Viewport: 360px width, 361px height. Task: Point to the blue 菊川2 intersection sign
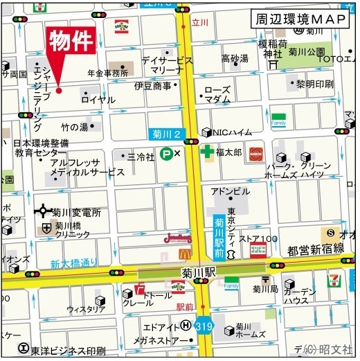167,134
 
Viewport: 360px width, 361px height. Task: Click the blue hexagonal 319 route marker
203,325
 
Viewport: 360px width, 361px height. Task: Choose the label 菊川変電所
77,213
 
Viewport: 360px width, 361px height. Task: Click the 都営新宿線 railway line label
316,248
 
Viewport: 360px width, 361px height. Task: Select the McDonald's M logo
184,254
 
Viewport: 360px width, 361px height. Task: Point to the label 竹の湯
75,127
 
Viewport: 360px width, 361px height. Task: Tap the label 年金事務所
107,73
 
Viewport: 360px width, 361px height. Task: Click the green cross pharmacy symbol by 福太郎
206,151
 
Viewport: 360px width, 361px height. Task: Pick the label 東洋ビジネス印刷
68,350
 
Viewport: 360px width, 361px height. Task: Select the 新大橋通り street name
74,263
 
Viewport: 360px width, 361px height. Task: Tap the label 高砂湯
235,58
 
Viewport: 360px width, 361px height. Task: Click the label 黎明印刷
314,85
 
